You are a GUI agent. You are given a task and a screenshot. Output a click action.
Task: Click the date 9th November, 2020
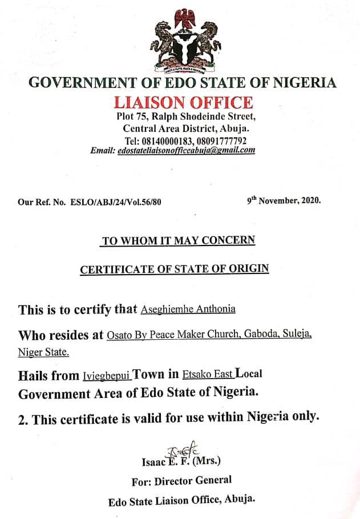[x=284, y=201]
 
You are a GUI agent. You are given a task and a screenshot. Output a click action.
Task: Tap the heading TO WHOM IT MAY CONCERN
[x=178, y=241]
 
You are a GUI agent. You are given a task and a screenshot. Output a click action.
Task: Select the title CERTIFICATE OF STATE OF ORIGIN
[x=174, y=268]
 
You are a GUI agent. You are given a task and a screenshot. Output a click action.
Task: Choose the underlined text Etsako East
[x=208, y=375]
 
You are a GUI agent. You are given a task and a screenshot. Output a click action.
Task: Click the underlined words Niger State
[x=44, y=352]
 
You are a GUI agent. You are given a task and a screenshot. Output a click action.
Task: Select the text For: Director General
[x=181, y=481]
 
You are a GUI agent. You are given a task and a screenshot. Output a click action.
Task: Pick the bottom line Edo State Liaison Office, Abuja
[x=181, y=501]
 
